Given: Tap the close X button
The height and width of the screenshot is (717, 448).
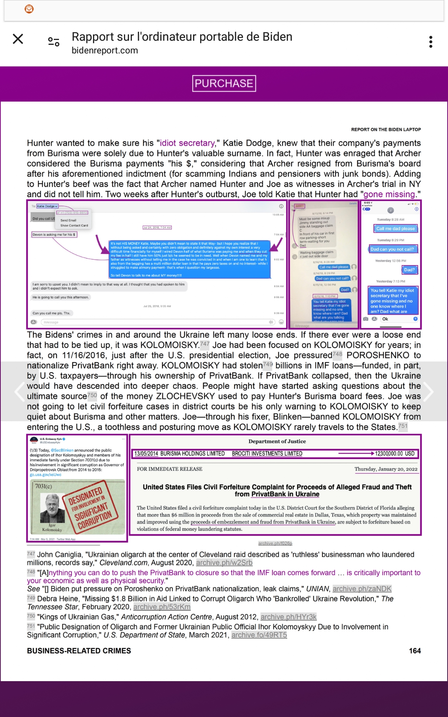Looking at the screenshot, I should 18,39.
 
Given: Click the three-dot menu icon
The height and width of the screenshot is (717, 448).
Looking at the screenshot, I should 430,42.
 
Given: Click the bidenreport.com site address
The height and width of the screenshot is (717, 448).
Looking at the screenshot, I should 105,50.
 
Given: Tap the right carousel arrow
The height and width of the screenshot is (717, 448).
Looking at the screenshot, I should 429,391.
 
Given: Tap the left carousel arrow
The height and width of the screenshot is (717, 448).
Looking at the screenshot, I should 19,391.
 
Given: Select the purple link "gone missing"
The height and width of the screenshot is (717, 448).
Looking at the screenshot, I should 389,194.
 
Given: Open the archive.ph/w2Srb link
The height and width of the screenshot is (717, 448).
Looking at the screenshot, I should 224,563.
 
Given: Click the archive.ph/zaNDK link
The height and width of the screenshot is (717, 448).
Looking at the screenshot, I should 362,589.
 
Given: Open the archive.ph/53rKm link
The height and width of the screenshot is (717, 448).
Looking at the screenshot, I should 162,607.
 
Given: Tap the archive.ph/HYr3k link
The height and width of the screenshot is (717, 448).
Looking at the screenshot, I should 288,617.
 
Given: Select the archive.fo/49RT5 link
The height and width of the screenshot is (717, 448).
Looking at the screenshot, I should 259,635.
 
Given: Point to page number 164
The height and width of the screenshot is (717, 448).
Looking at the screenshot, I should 415,651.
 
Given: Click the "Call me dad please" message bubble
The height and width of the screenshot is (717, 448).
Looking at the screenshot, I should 395,229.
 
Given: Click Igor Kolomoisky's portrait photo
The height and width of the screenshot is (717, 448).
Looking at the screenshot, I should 52,508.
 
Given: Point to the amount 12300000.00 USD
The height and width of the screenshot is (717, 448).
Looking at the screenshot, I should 395,454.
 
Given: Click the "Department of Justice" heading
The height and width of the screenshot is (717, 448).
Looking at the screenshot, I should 277,441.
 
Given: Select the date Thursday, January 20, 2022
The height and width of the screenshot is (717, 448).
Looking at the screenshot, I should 386,469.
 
